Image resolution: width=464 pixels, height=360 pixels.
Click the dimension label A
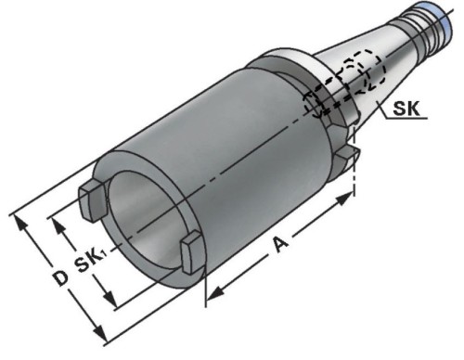coord(281,244)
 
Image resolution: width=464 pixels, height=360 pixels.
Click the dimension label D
coord(59,277)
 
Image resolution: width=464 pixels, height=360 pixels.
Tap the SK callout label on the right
coord(406,109)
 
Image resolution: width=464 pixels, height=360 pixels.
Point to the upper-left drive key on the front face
coord(93,199)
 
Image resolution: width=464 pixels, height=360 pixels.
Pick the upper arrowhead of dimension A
coord(344,199)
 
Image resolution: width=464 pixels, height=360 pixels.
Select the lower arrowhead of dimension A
coord(215,292)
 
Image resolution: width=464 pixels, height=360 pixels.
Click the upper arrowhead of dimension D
coord(20,225)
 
